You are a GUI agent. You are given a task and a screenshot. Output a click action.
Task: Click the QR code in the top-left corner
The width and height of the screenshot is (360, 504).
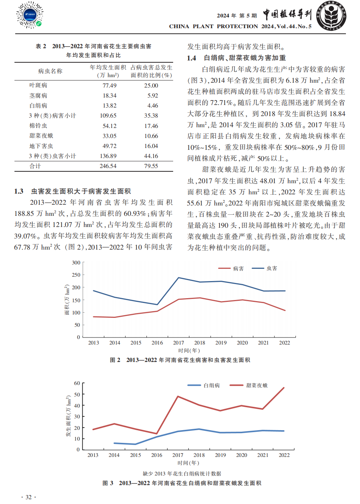30,15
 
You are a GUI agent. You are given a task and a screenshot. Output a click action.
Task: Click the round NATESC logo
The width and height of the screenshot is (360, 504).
331,16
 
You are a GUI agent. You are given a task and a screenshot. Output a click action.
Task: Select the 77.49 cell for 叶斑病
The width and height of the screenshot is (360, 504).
110,86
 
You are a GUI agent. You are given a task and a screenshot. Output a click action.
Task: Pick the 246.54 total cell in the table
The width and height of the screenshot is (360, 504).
108,166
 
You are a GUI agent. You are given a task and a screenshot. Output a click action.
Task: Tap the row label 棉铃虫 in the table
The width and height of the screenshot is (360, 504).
38,126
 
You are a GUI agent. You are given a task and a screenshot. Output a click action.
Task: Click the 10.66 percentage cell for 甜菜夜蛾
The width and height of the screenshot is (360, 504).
151,136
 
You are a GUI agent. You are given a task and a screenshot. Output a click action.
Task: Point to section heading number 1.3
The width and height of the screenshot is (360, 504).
19,191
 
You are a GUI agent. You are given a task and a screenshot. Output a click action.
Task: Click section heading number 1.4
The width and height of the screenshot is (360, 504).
191,58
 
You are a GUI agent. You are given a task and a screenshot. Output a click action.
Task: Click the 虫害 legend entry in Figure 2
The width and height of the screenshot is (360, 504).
265,268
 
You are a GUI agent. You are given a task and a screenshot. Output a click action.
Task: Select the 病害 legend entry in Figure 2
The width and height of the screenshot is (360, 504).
231,269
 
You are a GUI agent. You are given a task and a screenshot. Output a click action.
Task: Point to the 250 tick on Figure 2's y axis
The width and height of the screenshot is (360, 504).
76,275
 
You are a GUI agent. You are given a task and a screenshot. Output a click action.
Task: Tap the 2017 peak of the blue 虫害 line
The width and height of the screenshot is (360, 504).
179,278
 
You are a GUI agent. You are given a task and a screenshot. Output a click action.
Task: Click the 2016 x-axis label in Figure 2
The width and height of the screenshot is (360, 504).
157,343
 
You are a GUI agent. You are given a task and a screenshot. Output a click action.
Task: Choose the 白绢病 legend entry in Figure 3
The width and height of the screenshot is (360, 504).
204,385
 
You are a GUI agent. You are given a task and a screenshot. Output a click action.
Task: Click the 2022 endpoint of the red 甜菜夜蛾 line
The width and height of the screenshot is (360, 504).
284,388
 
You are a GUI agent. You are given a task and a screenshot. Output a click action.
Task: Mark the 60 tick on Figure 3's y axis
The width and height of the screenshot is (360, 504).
77,383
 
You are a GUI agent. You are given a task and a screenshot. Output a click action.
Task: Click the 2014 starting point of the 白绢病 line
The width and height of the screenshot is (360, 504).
114,443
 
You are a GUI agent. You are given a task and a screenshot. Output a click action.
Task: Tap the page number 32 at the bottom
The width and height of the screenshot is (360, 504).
29,497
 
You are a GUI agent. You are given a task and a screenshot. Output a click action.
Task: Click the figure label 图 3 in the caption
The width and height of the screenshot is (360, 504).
108,483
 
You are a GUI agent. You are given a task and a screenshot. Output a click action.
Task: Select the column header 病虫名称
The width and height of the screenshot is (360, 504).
50,71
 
